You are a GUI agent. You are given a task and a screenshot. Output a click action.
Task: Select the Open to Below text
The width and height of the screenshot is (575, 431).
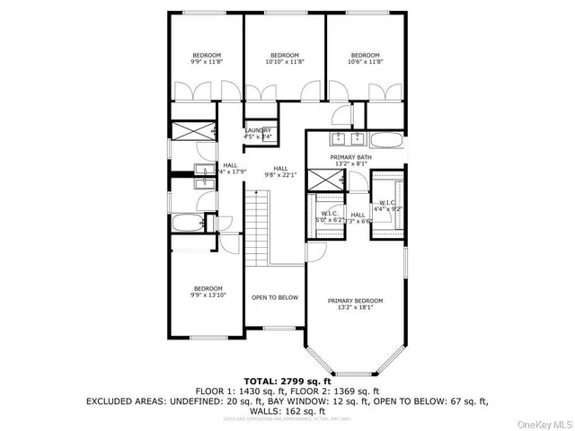(x=274, y=297)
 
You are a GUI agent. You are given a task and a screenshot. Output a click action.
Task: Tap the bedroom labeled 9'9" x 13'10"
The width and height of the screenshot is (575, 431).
(x=208, y=291)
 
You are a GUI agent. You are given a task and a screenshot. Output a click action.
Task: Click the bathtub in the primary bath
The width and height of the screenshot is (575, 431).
(x=387, y=139)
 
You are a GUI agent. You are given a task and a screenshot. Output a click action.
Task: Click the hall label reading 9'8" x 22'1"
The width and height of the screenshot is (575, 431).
(x=280, y=172)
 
